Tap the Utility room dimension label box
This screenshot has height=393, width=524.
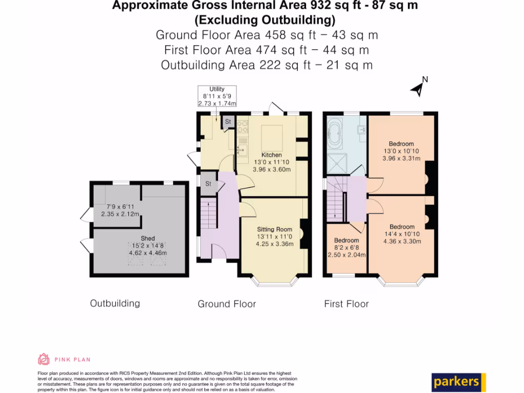[x=217, y=96]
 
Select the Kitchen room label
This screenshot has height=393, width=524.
[x=272, y=155]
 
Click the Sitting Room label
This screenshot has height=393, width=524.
[x=275, y=229]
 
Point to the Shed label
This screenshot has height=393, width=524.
[x=148, y=238]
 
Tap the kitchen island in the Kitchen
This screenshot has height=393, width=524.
[x=272, y=137]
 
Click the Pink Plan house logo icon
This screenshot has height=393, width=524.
[x=43, y=359]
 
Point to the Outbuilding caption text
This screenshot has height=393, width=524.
[x=115, y=303]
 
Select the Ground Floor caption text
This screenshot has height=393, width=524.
[x=227, y=304]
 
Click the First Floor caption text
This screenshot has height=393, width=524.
[x=346, y=304]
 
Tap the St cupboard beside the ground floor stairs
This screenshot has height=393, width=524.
[x=208, y=184]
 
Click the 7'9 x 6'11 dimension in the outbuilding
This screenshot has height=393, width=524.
[x=119, y=210]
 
